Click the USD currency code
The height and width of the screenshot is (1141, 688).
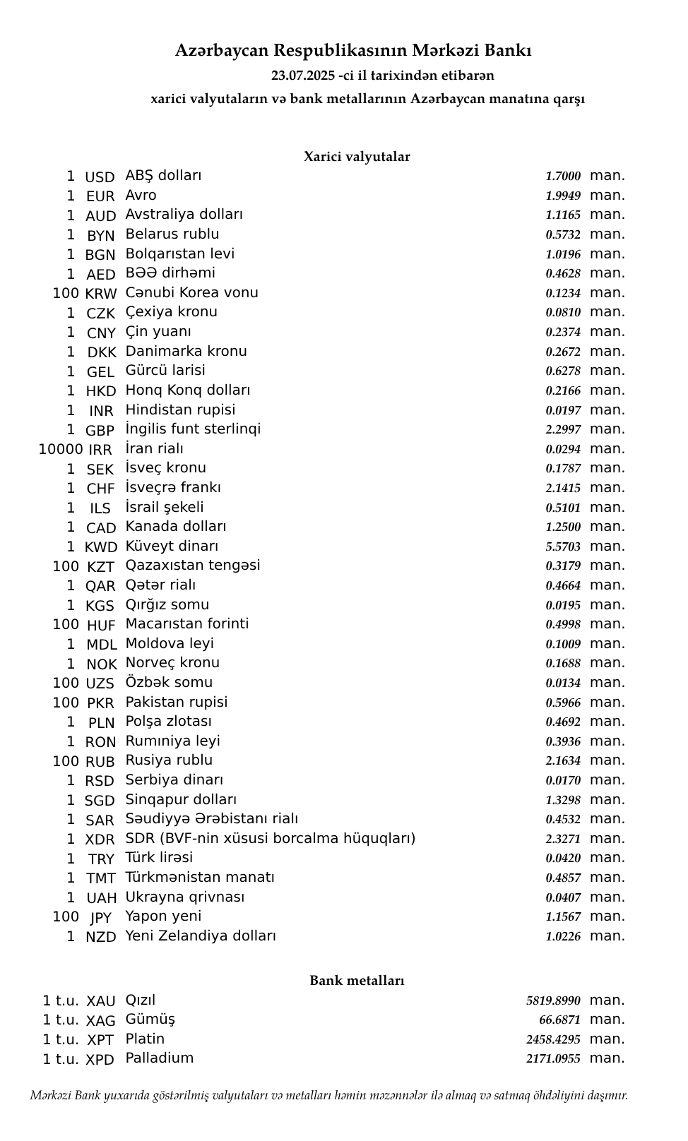click(100, 177)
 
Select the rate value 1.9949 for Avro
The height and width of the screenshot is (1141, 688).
click(563, 196)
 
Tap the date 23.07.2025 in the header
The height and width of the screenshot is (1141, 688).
click(303, 76)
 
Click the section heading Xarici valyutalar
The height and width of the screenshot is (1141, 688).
click(357, 157)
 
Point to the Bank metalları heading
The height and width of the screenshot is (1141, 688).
click(357, 981)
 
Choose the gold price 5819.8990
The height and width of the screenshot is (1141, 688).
click(553, 1000)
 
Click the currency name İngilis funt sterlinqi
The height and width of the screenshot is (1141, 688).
click(193, 429)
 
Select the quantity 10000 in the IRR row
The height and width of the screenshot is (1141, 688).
click(61, 449)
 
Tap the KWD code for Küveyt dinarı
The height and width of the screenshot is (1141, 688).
click(101, 547)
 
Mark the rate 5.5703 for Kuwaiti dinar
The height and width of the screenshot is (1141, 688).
click(563, 546)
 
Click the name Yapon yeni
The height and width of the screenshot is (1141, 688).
click(163, 916)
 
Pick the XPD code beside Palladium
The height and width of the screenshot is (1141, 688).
click(100, 1060)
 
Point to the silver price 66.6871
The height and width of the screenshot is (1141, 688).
click(559, 1020)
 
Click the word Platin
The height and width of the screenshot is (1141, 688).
click(145, 1039)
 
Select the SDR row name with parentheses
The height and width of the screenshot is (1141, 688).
click(271, 839)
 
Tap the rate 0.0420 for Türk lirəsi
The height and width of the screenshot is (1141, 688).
click(563, 859)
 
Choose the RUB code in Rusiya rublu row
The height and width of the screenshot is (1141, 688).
click(100, 762)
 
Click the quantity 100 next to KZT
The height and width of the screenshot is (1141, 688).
click(66, 566)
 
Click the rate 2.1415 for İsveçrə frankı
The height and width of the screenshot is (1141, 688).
click(563, 488)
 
